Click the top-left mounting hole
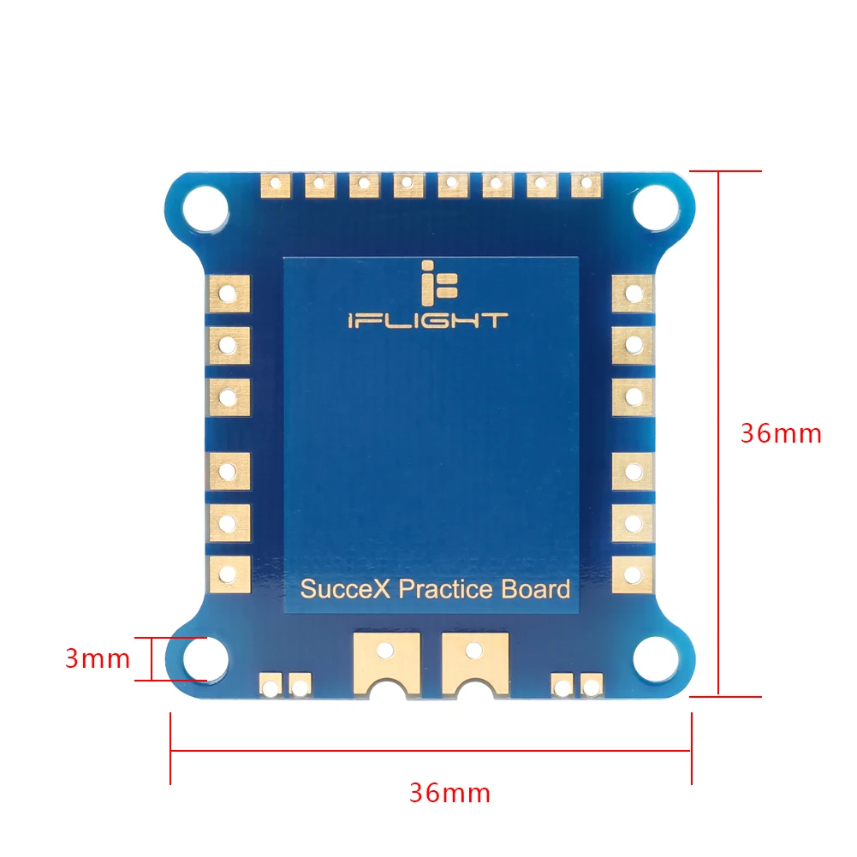coord(206,205)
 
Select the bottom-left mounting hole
coord(206,658)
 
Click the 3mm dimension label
coord(98,659)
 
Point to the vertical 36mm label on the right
coord(781,433)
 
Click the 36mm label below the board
coord(449,793)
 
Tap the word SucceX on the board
coord(346,590)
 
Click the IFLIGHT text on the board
coord(427,321)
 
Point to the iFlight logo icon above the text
coord(427,283)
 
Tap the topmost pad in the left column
coord(228,293)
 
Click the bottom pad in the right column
coord(633,574)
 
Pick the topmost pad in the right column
coord(633,293)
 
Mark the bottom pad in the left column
coord(228,574)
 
